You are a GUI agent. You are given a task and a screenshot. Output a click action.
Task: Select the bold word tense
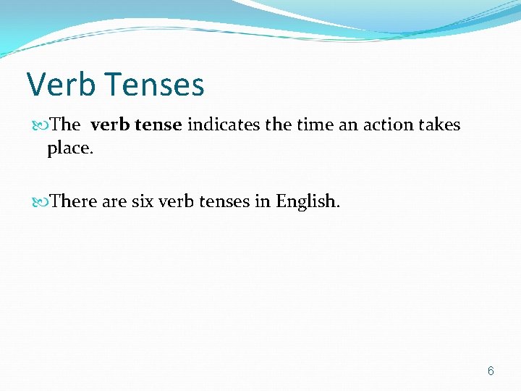pyautogui.click(x=158, y=125)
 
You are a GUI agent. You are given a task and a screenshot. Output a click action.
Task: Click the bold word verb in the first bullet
pyautogui.click(x=111, y=125)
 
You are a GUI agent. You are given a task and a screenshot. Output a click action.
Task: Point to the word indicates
pyautogui.click(x=224, y=125)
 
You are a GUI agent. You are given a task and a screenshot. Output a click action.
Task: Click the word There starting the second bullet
pyautogui.click(x=74, y=201)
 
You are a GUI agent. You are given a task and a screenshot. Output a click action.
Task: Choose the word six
pyautogui.click(x=143, y=201)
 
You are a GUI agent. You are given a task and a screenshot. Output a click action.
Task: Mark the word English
pyautogui.click(x=308, y=201)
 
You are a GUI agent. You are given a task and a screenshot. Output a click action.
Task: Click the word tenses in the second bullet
pyautogui.click(x=226, y=201)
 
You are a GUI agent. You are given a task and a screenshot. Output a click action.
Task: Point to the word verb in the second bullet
pyautogui.click(x=179, y=201)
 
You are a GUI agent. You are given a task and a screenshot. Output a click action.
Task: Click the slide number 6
pyautogui.click(x=491, y=371)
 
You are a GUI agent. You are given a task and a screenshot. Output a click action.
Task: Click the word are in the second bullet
pyautogui.click(x=114, y=201)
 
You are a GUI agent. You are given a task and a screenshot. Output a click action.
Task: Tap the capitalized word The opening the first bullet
pyautogui.click(x=66, y=125)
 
